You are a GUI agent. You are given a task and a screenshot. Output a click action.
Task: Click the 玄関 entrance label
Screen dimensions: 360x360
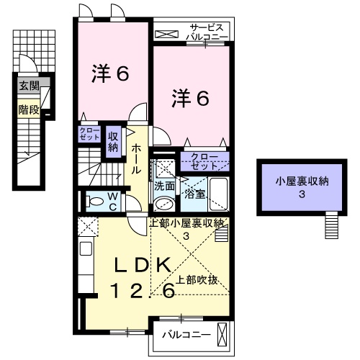click(29, 86)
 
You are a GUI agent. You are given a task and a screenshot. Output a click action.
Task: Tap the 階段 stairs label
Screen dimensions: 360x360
click(29, 110)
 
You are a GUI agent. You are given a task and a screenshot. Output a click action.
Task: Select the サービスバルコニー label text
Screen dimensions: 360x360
click(207, 32)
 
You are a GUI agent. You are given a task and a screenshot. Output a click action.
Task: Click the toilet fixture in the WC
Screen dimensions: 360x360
click(95, 201)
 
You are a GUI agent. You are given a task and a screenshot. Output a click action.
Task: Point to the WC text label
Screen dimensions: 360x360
click(113, 202)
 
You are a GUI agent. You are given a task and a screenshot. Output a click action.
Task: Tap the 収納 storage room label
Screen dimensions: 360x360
click(113, 142)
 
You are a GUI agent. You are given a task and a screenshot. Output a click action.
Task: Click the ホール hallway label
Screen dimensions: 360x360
click(135, 158)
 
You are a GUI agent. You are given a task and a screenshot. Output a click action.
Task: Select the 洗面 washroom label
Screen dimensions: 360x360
click(164, 186)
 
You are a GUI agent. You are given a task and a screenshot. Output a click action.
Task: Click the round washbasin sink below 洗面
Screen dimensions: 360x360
click(164, 204)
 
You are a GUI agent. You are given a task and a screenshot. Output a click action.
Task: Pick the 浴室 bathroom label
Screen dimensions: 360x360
click(194, 194)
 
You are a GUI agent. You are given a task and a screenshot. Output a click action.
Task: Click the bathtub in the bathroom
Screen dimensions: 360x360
click(219, 194)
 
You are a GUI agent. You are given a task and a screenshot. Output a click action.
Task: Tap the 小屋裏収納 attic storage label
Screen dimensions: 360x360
click(302, 181)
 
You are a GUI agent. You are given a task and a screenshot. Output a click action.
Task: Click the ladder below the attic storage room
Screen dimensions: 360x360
click(332, 225)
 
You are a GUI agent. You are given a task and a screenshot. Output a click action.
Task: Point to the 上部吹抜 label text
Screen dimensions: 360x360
click(197, 280)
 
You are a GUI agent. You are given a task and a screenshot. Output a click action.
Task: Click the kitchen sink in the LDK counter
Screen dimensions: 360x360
click(86, 248)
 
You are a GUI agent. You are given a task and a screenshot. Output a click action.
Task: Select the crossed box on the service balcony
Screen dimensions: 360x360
click(167, 34)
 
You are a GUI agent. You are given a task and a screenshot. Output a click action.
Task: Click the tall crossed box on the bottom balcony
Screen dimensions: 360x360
click(222, 335)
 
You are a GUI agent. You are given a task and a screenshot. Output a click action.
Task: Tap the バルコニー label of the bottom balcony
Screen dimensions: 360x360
click(186, 335)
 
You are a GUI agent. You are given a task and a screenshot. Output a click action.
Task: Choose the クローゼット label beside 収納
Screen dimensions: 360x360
click(89, 134)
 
